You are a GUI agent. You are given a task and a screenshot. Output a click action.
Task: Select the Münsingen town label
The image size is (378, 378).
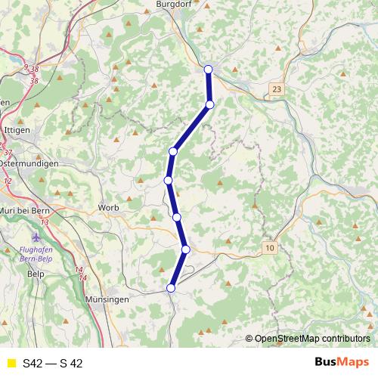click(x=107, y=300)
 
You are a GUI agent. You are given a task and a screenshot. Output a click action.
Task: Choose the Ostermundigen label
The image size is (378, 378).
click(x=24, y=163)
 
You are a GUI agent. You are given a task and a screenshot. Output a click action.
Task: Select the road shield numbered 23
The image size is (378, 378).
click(x=277, y=90)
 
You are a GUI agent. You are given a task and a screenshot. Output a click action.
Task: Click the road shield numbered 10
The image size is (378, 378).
click(x=271, y=247)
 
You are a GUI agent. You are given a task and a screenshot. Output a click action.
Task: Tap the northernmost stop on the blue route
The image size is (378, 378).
click(x=209, y=70)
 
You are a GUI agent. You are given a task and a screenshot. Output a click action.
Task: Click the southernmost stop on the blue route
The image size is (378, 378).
click(x=171, y=287)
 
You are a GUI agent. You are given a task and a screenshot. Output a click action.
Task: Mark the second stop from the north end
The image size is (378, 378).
click(x=210, y=104)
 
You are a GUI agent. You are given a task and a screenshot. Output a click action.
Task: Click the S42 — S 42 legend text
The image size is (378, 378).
click(x=52, y=364)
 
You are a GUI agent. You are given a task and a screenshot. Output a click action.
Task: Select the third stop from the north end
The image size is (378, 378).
click(x=173, y=152)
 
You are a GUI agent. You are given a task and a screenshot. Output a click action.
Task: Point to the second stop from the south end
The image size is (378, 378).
click(x=185, y=249)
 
